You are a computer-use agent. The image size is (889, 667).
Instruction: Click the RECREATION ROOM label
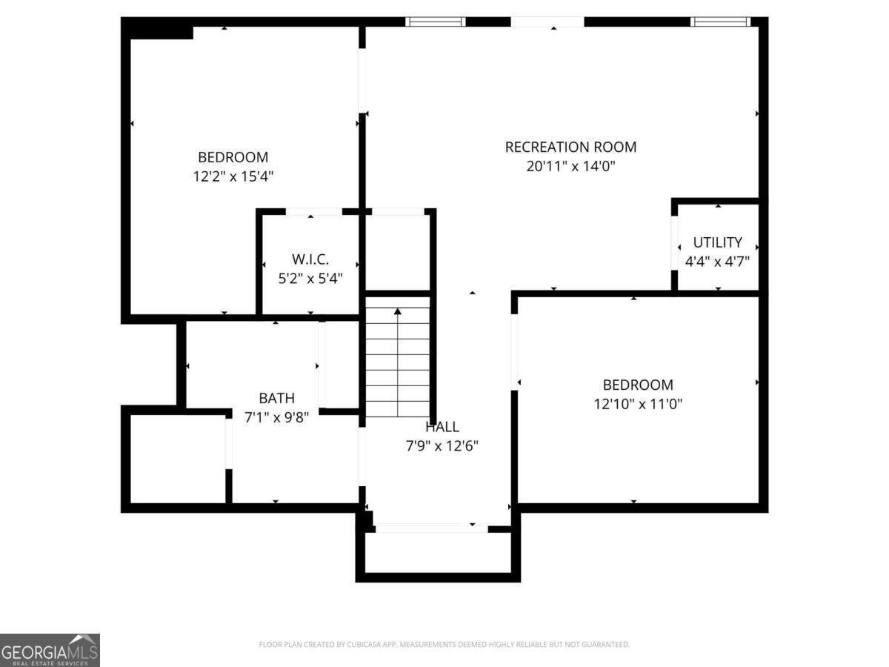(x=570, y=147)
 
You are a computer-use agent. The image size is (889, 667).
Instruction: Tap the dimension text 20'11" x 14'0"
(x=570, y=167)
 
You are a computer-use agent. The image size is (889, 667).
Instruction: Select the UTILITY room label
(x=717, y=242)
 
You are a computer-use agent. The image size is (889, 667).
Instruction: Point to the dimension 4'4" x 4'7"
(x=717, y=261)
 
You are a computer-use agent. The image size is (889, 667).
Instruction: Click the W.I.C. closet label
(x=310, y=259)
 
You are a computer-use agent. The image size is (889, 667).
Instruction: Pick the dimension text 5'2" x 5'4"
(x=310, y=278)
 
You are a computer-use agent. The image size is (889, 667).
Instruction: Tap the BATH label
(x=276, y=398)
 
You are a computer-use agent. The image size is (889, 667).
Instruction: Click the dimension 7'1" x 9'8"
(x=276, y=417)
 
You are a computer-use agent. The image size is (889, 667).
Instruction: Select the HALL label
(x=442, y=427)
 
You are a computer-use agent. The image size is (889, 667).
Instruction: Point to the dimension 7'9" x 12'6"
(x=442, y=446)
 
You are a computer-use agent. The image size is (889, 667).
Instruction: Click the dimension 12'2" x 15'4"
(x=233, y=176)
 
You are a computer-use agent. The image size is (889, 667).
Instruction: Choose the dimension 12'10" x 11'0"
(x=638, y=404)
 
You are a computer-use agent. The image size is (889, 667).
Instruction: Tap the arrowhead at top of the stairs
(x=398, y=312)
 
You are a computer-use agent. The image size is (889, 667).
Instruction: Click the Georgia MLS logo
(x=50, y=650)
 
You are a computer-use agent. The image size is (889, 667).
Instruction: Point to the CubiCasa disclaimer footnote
(x=444, y=645)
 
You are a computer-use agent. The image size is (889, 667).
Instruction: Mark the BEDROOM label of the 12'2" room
(x=233, y=157)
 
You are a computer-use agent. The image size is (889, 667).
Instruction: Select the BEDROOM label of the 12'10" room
(x=638, y=385)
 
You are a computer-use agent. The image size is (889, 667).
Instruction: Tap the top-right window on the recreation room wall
(x=720, y=22)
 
